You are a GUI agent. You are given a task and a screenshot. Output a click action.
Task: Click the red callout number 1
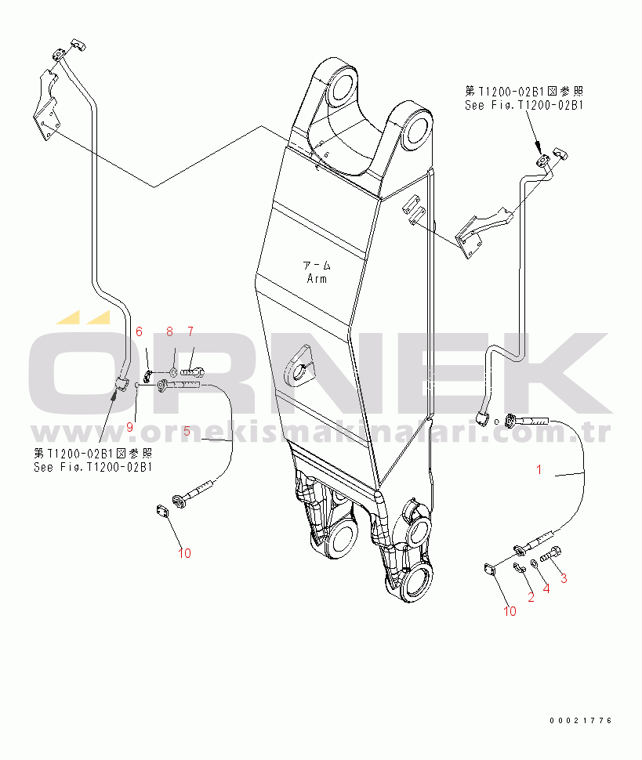tap(539, 469)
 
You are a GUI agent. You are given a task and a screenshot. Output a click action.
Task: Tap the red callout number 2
tap(531, 597)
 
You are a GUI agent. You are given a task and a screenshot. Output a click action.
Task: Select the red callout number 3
tap(564, 578)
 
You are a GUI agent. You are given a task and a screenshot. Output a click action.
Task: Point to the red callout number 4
tap(546, 589)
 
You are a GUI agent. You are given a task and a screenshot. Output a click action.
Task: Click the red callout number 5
tap(187, 431)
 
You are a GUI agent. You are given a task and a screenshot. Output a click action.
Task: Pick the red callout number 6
tap(140, 331)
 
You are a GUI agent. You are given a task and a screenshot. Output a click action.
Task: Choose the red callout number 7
tap(190, 331)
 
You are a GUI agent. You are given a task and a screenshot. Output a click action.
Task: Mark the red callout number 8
tap(170, 331)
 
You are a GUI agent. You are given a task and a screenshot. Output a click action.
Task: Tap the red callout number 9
tap(129, 427)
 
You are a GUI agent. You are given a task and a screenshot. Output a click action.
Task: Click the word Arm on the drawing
tap(317, 279)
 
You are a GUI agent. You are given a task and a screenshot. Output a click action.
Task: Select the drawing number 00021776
tap(580, 721)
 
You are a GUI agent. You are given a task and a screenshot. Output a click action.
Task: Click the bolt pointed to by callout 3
tap(551, 554)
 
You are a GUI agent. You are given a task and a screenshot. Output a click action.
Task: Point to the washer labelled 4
tap(533, 563)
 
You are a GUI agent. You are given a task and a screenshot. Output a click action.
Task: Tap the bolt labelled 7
tap(193, 372)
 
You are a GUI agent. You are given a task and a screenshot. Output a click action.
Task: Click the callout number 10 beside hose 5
tap(184, 553)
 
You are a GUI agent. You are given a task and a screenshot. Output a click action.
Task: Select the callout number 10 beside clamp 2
tap(510, 611)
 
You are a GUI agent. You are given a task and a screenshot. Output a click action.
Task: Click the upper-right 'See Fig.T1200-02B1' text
tap(524, 105)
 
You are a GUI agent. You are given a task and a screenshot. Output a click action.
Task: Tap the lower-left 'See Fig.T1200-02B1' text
tap(92, 467)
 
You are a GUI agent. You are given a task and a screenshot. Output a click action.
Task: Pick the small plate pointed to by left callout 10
tap(162, 512)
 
